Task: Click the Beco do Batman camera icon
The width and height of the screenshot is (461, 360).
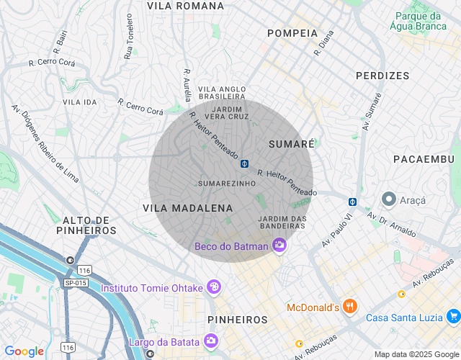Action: pyautogui.click(x=279, y=246)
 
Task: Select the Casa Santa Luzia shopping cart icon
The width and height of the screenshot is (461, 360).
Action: pyautogui.click(x=453, y=317)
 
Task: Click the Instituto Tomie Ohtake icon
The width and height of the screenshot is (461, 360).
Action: pyautogui.click(x=213, y=288)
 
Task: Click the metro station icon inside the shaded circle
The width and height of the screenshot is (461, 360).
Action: pyautogui.click(x=245, y=163)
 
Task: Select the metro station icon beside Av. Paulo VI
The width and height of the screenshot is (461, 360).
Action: pyautogui.click(x=352, y=202)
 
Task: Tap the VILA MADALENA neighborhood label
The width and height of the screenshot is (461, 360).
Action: pyautogui.click(x=188, y=208)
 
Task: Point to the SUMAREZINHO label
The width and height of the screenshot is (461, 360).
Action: pyautogui.click(x=227, y=184)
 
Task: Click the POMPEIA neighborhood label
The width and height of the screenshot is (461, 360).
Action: pyautogui.click(x=292, y=33)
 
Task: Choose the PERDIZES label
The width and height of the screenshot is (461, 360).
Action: pyautogui.click(x=382, y=76)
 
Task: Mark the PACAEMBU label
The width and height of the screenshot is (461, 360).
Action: pyautogui.click(x=424, y=158)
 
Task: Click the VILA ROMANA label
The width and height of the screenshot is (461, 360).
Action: pyautogui.click(x=185, y=6)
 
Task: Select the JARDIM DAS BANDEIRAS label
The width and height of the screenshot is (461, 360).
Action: pyautogui.click(x=282, y=222)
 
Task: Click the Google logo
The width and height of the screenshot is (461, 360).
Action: pyautogui.click(x=24, y=351)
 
